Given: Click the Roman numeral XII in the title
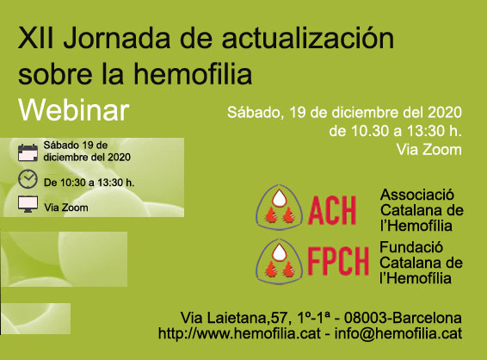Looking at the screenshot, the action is click(x=36, y=38).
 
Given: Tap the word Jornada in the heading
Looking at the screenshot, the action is click(x=117, y=38).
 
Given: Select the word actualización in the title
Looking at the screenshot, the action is click(x=308, y=37).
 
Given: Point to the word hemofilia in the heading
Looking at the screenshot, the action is click(x=193, y=74).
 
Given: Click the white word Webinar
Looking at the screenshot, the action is click(x=74, y=110).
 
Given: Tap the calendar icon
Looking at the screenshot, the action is click(x=28, y=152).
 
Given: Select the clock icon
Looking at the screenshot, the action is click(x=28, y=179).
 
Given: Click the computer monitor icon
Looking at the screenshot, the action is click(x=28, y=204).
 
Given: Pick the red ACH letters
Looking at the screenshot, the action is click(x=332, y=210).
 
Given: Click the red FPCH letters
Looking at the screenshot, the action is click(x=338, y=261).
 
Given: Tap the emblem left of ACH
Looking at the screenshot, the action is click(x=280, y=208).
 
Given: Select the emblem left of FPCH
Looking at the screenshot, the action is click(x=280, y=262).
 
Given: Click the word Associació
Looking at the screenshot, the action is click(x=417, y=195).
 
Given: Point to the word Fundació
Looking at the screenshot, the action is click(x=411, y=247).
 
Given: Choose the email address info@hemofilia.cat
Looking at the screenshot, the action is click(x=398, y=333).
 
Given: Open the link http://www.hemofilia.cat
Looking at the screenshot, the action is click(x=239, y=333).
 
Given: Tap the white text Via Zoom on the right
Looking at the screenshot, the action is click(x=428, y=150).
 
